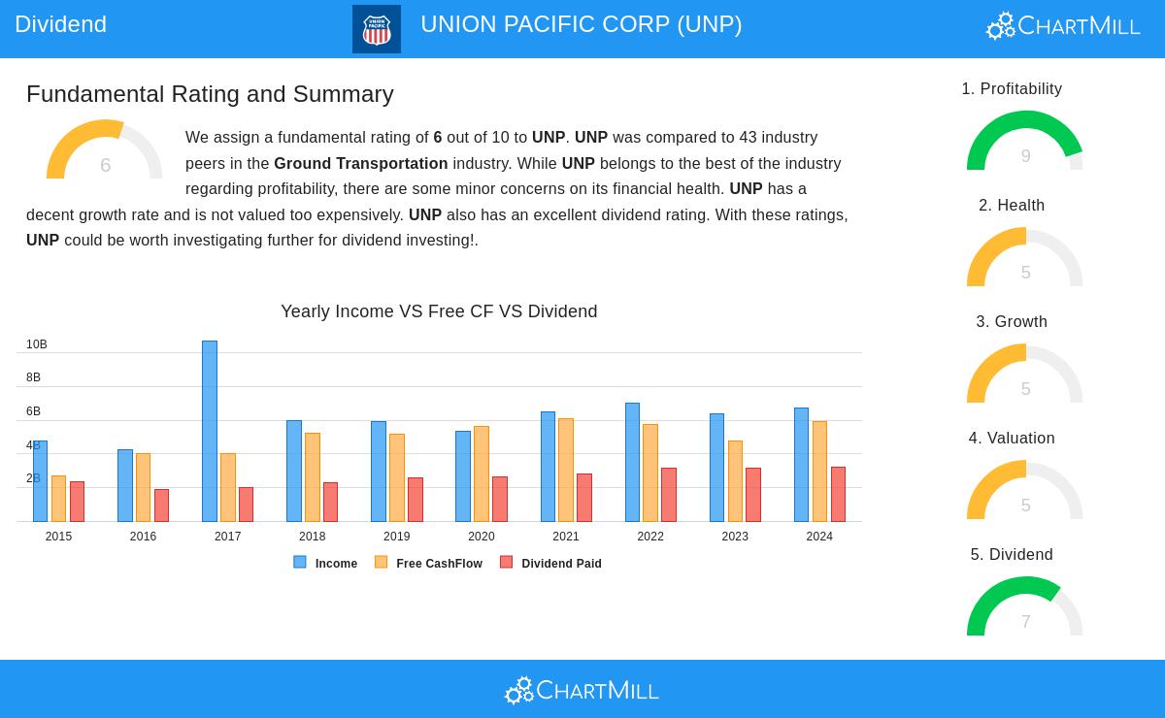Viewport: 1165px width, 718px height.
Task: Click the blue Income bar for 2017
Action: (210, 431)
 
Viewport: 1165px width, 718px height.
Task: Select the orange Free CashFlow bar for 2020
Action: (482, 473)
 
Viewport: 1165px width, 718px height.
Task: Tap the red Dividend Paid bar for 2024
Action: (838, 494)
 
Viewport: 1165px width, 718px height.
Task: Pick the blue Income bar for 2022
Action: (632, 462)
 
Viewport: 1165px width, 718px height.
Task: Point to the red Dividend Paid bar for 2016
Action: (161, 506)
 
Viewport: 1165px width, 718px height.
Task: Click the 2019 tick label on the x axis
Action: (396, 537)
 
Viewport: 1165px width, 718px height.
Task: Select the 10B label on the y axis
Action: (37, 344)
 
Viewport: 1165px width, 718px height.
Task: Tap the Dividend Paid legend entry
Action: (551, 564)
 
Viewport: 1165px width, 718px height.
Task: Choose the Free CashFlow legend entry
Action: (429, 564)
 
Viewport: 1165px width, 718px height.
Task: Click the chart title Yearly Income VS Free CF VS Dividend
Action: (439, 311)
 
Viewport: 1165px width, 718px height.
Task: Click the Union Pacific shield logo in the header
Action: (377, 29)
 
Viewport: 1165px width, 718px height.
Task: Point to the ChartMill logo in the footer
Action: (582, 690)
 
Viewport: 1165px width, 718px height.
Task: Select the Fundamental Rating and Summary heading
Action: (210, 94)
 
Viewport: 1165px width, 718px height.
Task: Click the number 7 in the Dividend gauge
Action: (1025, 622)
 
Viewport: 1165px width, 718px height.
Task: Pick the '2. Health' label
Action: (1012, 206)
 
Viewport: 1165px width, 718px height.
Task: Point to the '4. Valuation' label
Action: (1012, 439)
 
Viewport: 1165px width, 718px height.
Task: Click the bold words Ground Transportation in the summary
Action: (361, 164)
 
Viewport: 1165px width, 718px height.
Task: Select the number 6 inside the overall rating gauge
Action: (105, 166)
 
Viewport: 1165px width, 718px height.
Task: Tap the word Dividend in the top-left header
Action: (60, 24)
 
